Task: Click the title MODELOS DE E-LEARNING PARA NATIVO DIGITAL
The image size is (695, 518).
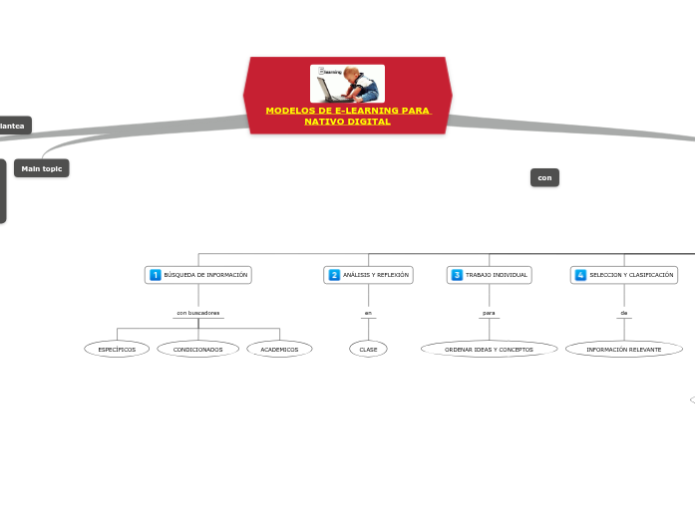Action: [x=347, y=116]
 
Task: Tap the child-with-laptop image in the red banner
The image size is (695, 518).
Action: [x=347, y=84]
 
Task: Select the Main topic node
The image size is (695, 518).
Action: [x=42, y=168]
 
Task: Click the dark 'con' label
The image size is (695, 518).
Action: [x=544, y=177]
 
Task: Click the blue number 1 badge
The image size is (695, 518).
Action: [x=155, y=274]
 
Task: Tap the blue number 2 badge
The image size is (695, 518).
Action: [x=334, y=274]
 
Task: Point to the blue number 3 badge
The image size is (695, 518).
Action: [x=457, y=274]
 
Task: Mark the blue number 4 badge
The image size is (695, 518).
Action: [x=580, y=274]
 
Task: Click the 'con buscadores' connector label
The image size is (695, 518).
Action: [x=198, y=313]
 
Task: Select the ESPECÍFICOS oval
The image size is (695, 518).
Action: [x=117, y=350]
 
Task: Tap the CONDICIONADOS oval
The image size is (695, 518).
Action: [x=198, y=350]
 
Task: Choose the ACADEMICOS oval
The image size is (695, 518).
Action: [x=279, y=350]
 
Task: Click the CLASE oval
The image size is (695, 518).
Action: [x=368, y=350]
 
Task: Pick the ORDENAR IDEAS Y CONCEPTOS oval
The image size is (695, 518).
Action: [x=489, y=350]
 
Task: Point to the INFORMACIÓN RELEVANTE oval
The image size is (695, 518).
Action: [x=624, y=350]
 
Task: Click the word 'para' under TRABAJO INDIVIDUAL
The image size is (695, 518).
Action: [x=489, y=313]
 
